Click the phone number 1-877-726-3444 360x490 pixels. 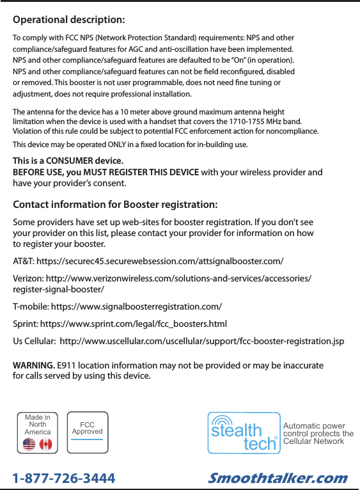tap(64, 478)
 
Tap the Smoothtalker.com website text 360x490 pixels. tap(278, 478)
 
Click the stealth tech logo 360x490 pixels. tap(244, 433)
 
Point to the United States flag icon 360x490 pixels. tap(29, 444)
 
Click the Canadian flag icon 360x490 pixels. tap(45, 444)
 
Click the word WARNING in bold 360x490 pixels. tap(34, 365)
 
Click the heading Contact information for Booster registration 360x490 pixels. tap(115, 205)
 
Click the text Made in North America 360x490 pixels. tap(38, 425)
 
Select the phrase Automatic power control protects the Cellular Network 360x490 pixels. tap(317, 433)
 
